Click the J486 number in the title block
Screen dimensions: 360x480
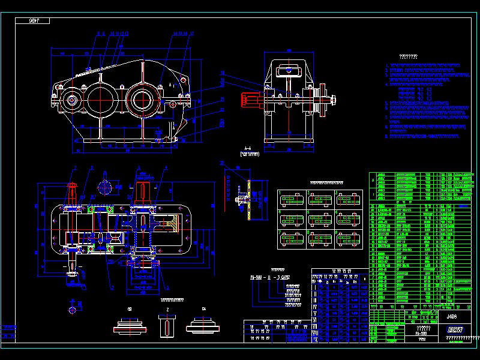coord(452,316)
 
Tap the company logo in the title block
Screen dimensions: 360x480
coord(455,329)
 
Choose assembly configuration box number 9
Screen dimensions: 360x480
coord(347,238)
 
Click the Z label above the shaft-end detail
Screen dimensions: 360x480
coord(167,309)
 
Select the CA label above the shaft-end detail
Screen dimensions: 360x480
coord(204,309)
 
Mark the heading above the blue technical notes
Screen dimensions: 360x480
coord(408,57)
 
